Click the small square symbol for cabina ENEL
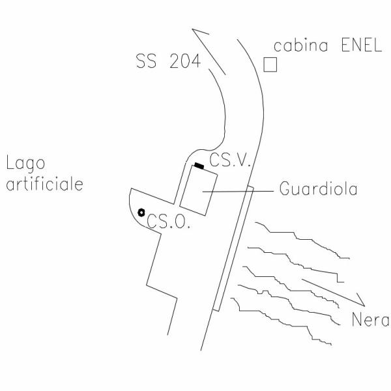pos(270,65)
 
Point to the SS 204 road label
pos(167,63)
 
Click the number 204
pos(183,63)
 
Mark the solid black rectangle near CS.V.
pos(199,166)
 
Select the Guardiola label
pos(317,190)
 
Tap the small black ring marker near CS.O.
pos(141,212)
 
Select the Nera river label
pos(369,320)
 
